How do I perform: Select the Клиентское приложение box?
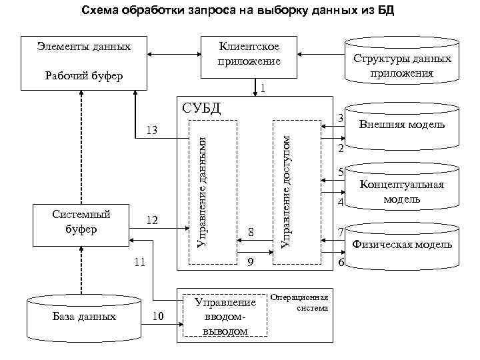[249, 54]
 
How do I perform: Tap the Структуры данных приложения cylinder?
[402, 65]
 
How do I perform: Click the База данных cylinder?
[84, 317]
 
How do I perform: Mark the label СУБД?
[201, 108]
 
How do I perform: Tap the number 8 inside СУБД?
[251, 232]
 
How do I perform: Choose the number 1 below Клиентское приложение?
[265, 88]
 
